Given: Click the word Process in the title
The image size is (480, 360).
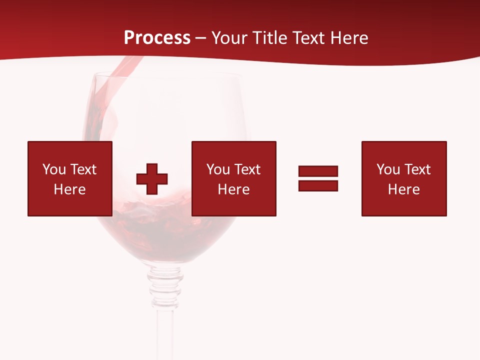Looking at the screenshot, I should (157, 38).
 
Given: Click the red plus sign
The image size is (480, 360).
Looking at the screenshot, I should (152, 179).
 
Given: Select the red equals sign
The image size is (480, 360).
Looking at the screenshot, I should (318, 178).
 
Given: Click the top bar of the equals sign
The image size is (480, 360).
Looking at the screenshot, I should (318, 171).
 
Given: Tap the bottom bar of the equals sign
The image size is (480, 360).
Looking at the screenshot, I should (318, 185).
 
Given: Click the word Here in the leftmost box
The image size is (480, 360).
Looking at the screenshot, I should (70, 189).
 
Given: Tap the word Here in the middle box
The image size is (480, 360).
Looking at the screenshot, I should (234, 189).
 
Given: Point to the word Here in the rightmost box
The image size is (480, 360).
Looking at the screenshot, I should (404, 189).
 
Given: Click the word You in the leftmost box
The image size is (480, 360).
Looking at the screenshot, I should (54, 169).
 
